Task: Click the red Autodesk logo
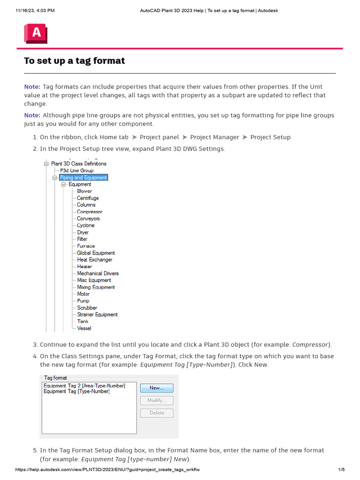[36, 33]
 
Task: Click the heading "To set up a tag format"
[75, 61]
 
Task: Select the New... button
[157, 388]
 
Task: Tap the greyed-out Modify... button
[157, 400]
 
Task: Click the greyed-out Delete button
[157, 413]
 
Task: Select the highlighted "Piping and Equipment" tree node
[83, 178]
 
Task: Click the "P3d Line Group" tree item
[77, 171]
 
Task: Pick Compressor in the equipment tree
[90, 212]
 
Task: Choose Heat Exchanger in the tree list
[95, 260]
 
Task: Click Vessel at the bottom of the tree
[84, 329]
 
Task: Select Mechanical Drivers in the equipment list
[98, 273]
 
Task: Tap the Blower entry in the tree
[84, 191]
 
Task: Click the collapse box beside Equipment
[64, 185]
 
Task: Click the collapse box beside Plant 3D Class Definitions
[46, 164]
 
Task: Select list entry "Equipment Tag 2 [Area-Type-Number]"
[84, 386]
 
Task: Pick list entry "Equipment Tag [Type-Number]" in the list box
[76, 391]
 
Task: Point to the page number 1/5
[341, 470]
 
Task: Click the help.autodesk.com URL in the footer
[107, 470]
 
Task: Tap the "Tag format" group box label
[55, 377]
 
